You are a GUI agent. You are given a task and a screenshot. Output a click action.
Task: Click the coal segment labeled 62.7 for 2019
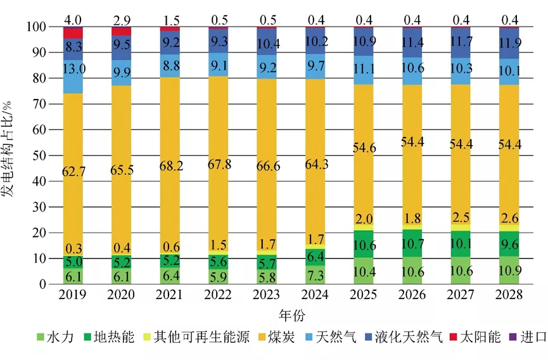click(x=73, y=171)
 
